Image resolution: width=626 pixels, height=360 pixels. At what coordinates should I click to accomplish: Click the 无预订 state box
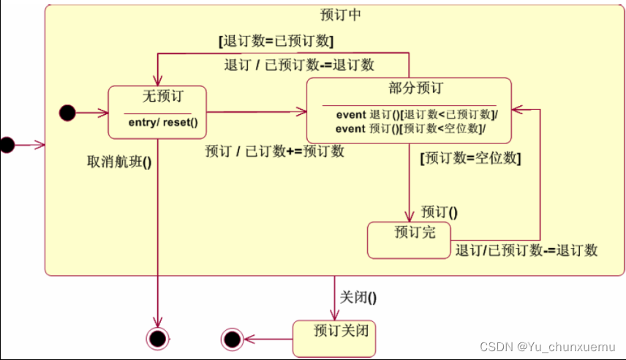coord(156,111)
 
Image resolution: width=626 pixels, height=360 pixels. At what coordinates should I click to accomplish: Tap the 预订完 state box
coord(408,241)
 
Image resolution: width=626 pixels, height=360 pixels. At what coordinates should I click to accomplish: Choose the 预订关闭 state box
coord(334,339)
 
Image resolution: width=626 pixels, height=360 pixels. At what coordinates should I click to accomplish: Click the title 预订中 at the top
coord(341,15)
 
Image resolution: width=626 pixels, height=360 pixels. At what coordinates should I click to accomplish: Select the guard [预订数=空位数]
coord(470,157)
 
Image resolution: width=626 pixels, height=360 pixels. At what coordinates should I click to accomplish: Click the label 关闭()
coord(358,297)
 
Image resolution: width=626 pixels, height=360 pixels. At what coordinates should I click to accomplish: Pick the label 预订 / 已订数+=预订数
coord(274,151)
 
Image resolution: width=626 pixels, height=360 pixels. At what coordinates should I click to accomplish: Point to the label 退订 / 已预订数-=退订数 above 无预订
coord(299,64)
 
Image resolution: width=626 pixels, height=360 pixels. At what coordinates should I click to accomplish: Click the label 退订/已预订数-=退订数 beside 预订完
coord(527,251)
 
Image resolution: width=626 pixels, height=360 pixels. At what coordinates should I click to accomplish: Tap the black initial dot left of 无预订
coord(67,113)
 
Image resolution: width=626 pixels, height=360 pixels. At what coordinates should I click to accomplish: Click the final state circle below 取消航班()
coord(157,338)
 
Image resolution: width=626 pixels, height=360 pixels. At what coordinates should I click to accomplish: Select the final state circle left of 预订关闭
coord(232,339)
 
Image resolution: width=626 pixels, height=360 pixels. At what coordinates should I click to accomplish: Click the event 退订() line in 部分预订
coord(416,115)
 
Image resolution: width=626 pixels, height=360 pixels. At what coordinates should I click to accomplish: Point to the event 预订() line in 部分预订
coord(411,128)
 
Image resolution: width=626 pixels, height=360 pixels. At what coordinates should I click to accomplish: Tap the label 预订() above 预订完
coord(439,212)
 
